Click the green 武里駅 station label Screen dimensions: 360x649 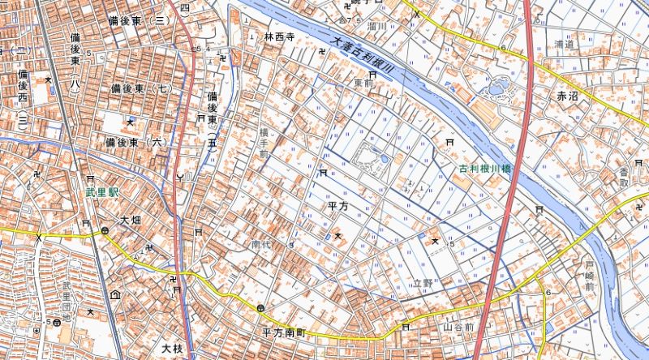click(x=103, y=195)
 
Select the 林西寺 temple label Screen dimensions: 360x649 click(x=278, y=37)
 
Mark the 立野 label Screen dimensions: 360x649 click(x=423, y=284)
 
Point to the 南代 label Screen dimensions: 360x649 click(x=260, y=243)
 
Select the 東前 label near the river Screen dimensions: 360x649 click(x=363, y=83)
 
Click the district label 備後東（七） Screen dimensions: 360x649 click(x=142, y=88)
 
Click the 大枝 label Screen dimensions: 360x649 click(x=172, y=349)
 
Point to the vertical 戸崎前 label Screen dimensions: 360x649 click(x=590, y=276)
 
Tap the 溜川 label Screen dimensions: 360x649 click(x=351, y=27)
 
